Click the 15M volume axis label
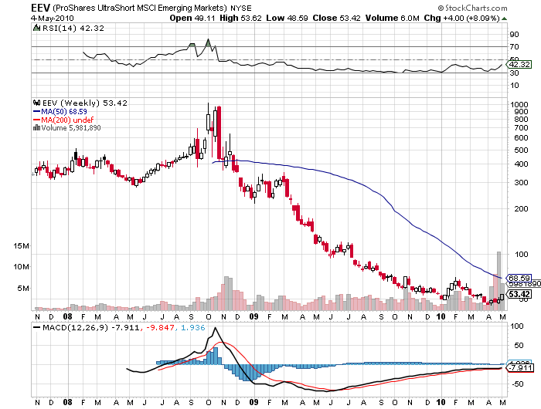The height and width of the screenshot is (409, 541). click(22, 245)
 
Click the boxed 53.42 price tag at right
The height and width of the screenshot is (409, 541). click(517, 294)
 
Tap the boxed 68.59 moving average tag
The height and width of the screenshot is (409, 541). click(517, 277)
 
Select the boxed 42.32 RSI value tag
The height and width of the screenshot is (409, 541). click(517, 65)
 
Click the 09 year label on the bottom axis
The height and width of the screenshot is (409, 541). click(255, 316)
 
